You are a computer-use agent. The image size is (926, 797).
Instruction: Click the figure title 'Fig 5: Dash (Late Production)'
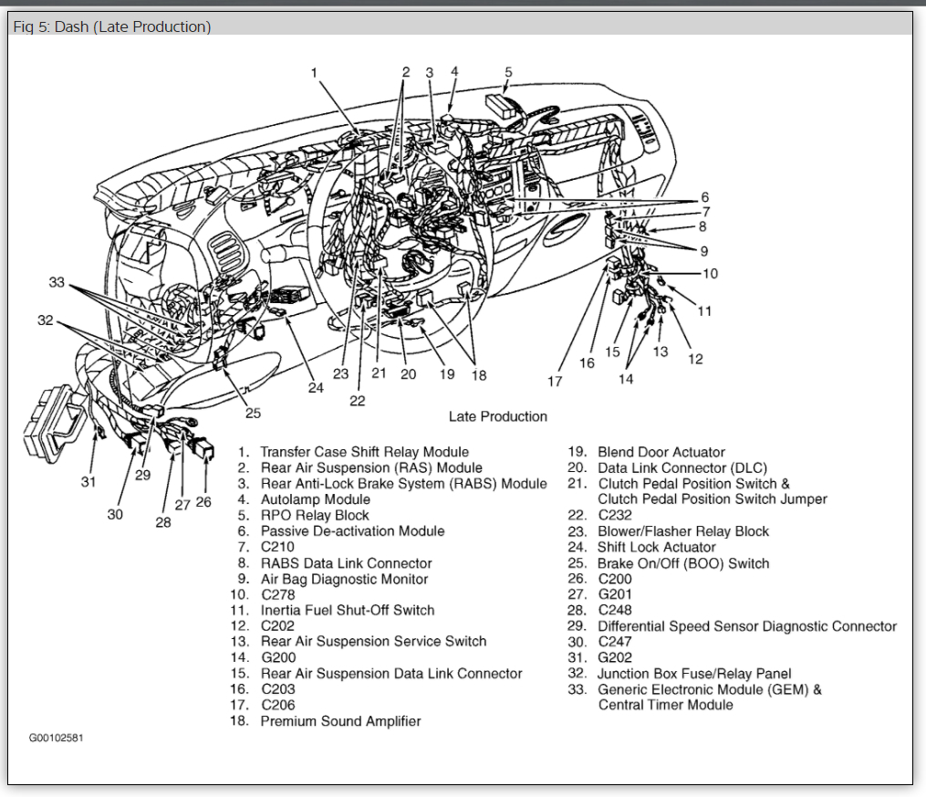coord(112,26)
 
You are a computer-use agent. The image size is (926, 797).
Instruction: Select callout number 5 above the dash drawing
coord(508,71)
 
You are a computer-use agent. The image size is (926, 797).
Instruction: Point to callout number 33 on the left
coord(57,283)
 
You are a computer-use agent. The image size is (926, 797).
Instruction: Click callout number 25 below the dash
coord(253,413)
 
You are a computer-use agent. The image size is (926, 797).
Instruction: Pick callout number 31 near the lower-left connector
coord(88,481)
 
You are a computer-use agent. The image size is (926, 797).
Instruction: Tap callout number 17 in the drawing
coord(555,382)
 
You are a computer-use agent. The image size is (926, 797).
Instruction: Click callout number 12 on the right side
coord(695,359)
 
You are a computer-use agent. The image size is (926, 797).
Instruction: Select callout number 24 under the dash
coord(315,387)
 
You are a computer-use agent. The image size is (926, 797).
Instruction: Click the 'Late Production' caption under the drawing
coord(498,416)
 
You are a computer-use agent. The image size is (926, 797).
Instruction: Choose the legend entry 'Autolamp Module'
coord(315,499)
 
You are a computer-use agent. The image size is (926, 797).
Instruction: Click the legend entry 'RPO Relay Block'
coord(315,515)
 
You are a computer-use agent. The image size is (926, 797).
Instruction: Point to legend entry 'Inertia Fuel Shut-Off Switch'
coord(347,610)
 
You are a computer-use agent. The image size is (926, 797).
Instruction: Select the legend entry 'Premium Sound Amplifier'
coord(340,721)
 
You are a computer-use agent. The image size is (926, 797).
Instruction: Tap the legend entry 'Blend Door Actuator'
coord(661,452)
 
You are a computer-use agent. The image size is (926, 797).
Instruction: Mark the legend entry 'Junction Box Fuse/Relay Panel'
coord(694,674)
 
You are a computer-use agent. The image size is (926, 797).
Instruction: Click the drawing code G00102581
coord(57,738)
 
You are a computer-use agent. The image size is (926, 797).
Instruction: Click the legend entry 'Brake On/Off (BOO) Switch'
coord(682,563)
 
